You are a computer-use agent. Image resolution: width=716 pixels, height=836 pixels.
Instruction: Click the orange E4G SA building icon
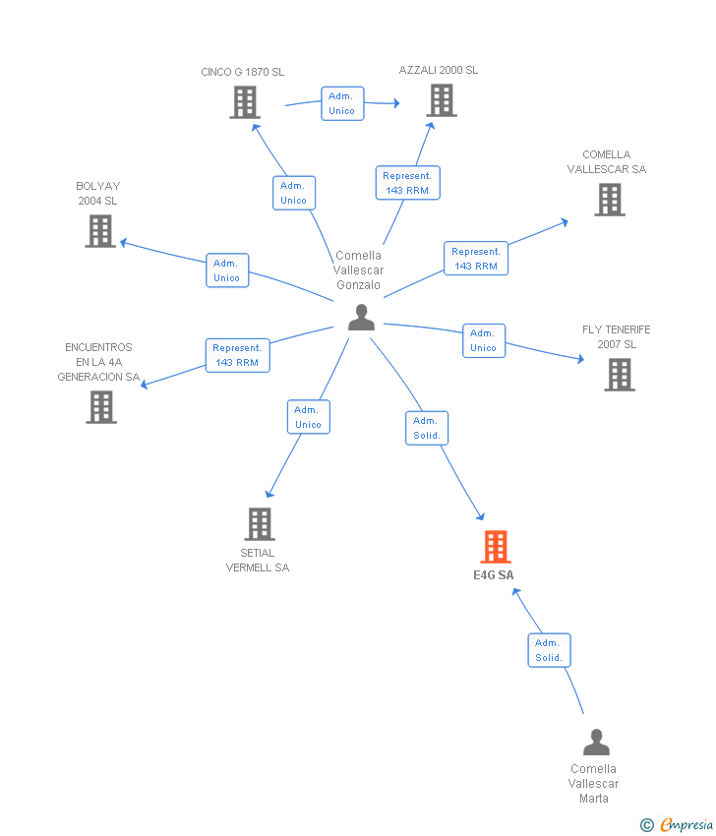pyautogui.click(x=496, y=547)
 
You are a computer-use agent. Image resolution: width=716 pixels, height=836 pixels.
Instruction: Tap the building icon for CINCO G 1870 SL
pyautogui.click(x=245, y=102)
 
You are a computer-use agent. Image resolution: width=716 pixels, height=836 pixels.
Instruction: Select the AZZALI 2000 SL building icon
pyautogui.click(x=442, y=100)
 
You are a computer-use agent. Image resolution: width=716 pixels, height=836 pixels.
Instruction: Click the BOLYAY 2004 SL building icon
pyautogui.click(x=100, y=231)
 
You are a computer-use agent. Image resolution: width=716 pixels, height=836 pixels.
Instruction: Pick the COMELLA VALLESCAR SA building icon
pyautogui.click(x=610, y=200)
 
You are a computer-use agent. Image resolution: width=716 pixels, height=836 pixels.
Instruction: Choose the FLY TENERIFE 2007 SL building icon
pyautogui.click(x=620, y=375)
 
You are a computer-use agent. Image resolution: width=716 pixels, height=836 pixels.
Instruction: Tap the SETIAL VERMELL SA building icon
pyautogui.click(x=261, y=523)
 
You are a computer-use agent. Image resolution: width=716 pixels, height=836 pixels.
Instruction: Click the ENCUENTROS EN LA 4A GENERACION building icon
pyautogui.click(x=101, y=407)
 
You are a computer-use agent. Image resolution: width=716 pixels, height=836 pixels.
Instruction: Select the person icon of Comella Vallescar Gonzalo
pyautogui.click(x=362, y=318)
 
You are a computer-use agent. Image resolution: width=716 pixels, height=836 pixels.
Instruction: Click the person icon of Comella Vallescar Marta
pyautogui.click(x=596, y=743)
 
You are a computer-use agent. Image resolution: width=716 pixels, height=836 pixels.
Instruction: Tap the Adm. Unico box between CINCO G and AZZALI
pyautogui.click(x=342, y=103)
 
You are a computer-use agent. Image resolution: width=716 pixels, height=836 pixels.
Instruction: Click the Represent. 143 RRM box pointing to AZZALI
pyautogui.click(x=408, y=183)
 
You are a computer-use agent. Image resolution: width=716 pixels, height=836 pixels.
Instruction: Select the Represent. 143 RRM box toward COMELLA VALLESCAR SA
pyautogui.click(x=476, y=259)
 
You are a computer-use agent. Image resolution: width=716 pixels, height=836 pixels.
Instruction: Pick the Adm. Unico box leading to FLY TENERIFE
pyautogui.click(x=484, y=340)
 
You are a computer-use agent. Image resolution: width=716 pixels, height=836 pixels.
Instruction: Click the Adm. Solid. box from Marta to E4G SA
pyautogui.click(x=549, y=650)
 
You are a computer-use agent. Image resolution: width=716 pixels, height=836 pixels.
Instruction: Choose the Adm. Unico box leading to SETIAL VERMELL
pyautogui.click(x=309, y=417)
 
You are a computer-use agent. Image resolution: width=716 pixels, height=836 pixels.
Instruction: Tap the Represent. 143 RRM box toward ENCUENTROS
pyautogui.click(x=238, y=355)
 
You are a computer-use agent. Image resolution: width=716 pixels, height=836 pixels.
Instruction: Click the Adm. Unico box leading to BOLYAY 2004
pyautogui.click(x=227, y=270)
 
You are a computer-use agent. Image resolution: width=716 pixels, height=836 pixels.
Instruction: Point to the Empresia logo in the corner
pyautogui.click(x=677, y=824)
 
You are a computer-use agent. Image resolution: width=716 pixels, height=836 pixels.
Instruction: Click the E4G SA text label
pyautogui.click(x=494, y=575)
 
